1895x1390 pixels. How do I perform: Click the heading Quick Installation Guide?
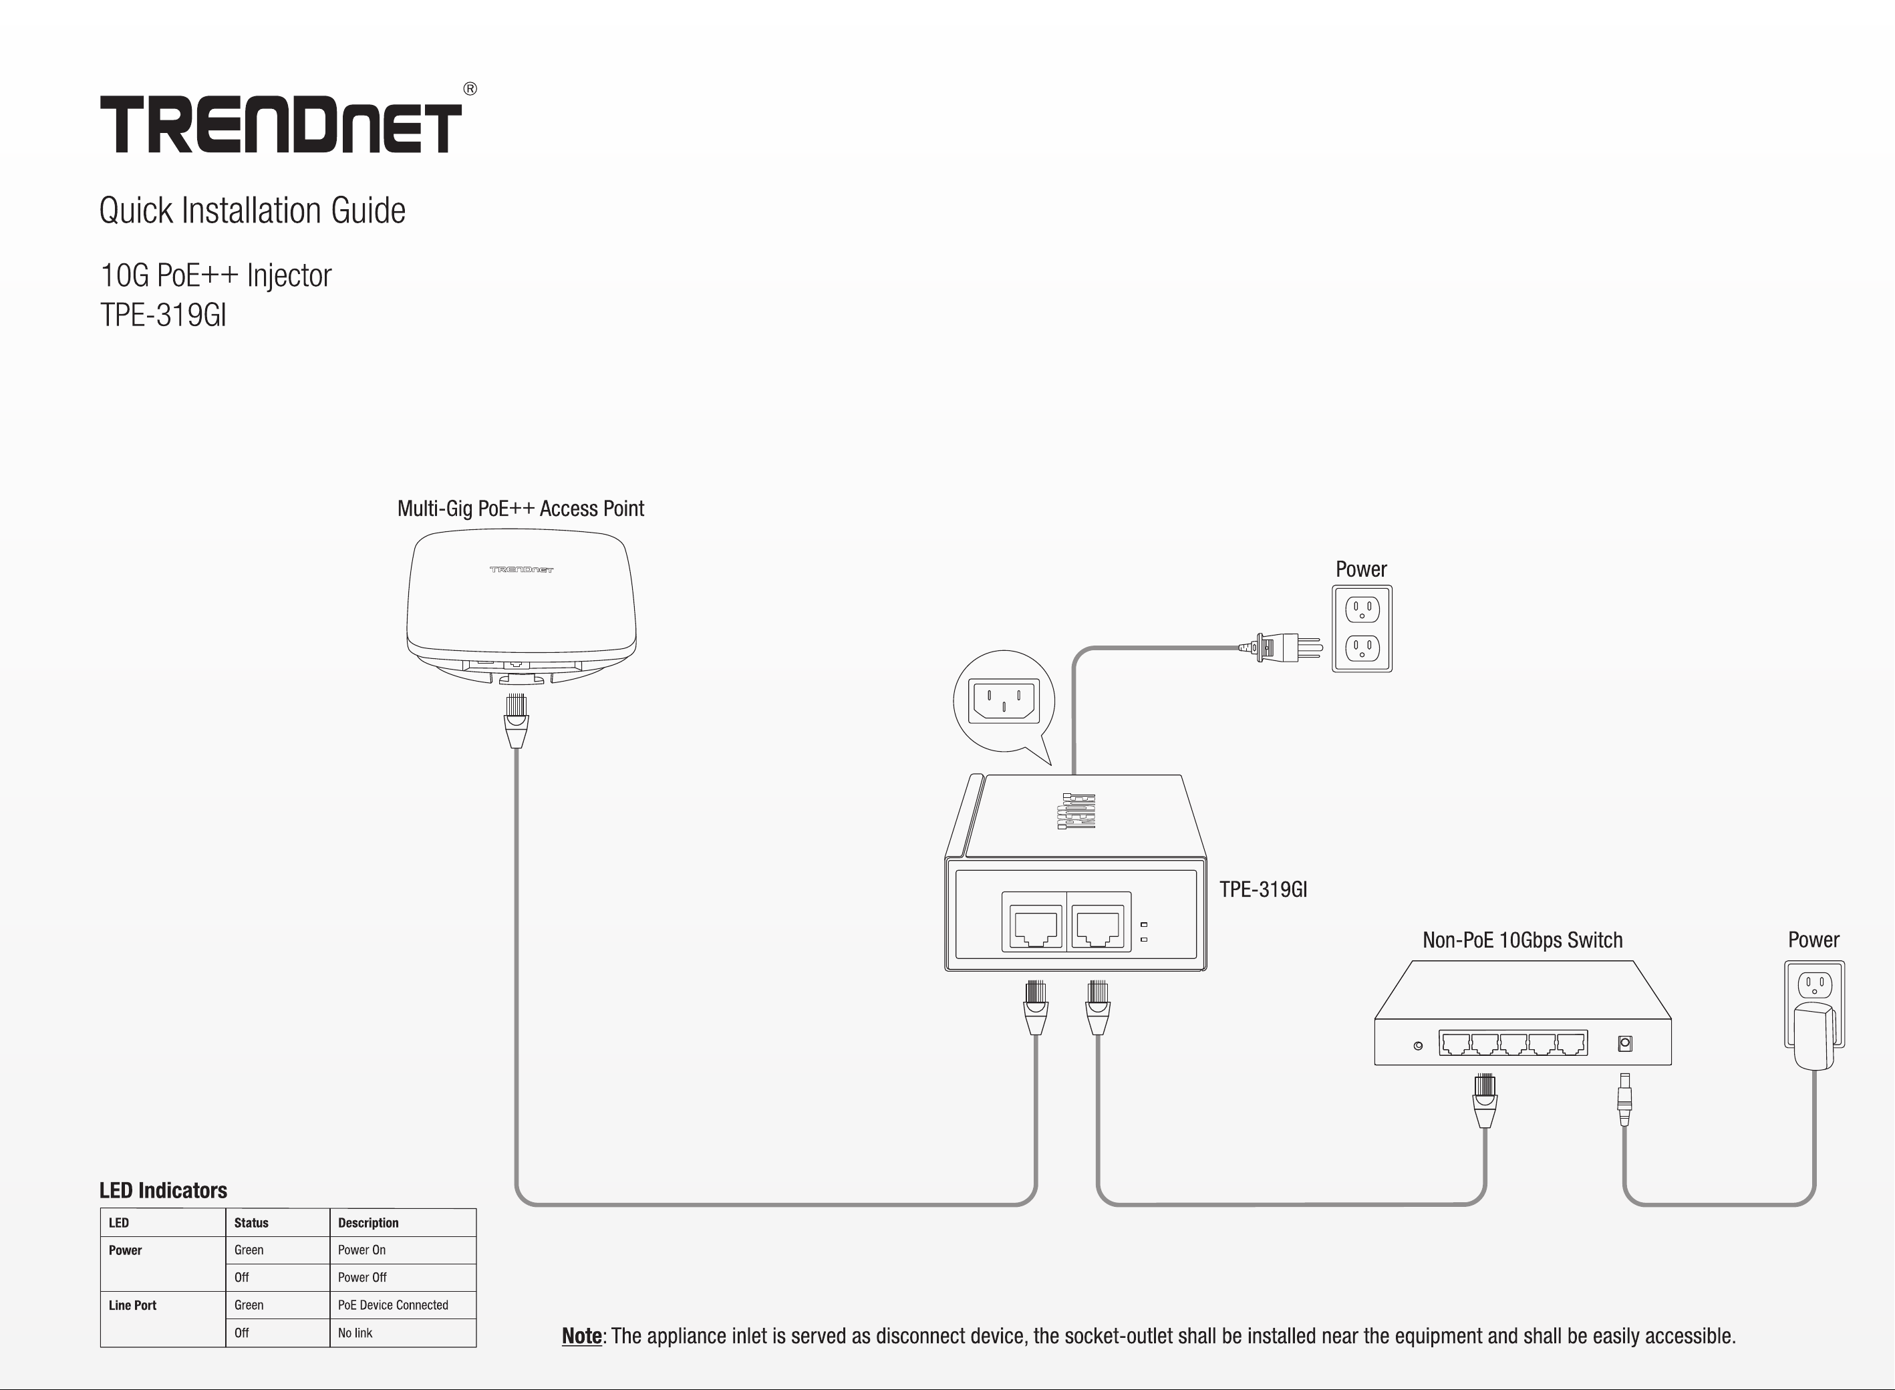pyautogui.click(x=253, y=211)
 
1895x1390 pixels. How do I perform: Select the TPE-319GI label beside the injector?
pyautogui.click(x=1264, y=889)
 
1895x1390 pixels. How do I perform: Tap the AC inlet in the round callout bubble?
pyautogui.click(x=1004, y=701)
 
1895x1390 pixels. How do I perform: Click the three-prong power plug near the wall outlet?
pyautogui.click(x=1280, y=647)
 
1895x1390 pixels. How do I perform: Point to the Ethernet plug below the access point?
pyautogui.click(x=517, y=721)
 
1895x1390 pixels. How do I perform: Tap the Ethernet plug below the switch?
pyautogui.click(x=1485, y=1101)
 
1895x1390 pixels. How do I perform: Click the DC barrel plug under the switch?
pyautogui.click(x=1624, y=1099)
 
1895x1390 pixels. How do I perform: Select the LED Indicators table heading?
pyautogui.click(x=163, y=1190)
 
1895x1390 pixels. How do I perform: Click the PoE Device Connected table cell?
pyautogui.click(x=393, y=1305)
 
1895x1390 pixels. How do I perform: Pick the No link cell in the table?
pyautogui.click(x=355, y=1333)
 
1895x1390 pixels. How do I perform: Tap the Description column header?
pyautogui.click(x=368, y=1222)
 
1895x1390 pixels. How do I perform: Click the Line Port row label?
pyautogui.click(x=132, y=1305)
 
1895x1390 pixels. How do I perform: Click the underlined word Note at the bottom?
pyautogui.click(x=582, y=1336)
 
